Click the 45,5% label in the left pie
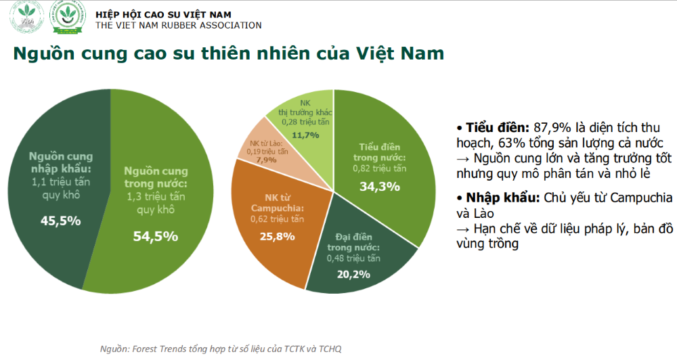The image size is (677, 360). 60,221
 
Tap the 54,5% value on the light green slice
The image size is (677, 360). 156,236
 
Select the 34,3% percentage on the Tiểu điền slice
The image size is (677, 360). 379,186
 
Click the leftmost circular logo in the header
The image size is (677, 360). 26,20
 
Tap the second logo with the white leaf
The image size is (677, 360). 70,20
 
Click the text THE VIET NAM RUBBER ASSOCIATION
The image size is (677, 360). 179,26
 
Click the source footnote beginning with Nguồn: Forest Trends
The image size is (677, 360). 221,348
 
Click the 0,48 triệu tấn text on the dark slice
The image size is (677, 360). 353,258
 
